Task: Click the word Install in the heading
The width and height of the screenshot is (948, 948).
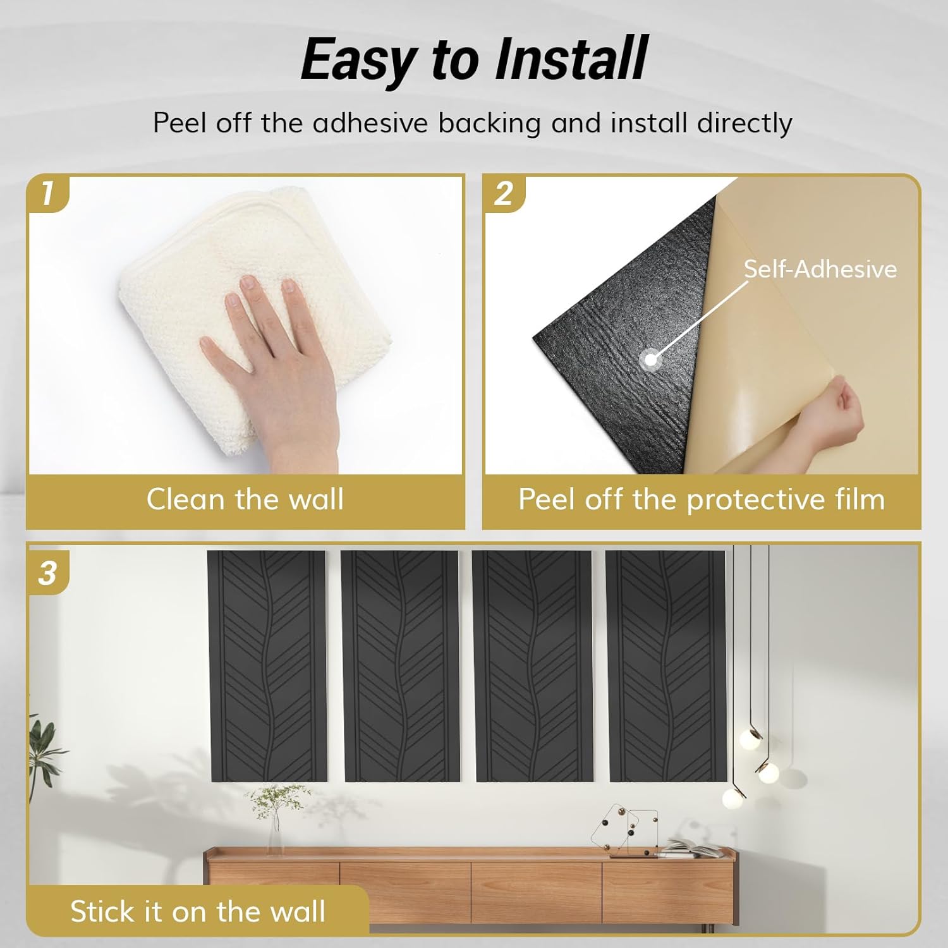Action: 571,59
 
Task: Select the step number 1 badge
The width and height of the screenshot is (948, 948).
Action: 47,193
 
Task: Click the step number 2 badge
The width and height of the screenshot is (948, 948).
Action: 504,193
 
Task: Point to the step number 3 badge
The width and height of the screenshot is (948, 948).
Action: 47,573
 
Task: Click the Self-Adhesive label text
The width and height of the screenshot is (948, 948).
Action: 820,269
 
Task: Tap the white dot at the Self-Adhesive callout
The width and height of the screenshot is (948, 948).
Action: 650,360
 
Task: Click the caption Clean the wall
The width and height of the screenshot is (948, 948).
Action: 245,499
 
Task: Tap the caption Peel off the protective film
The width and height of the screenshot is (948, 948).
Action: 702,500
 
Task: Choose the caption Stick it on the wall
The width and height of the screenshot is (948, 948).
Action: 198,911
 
